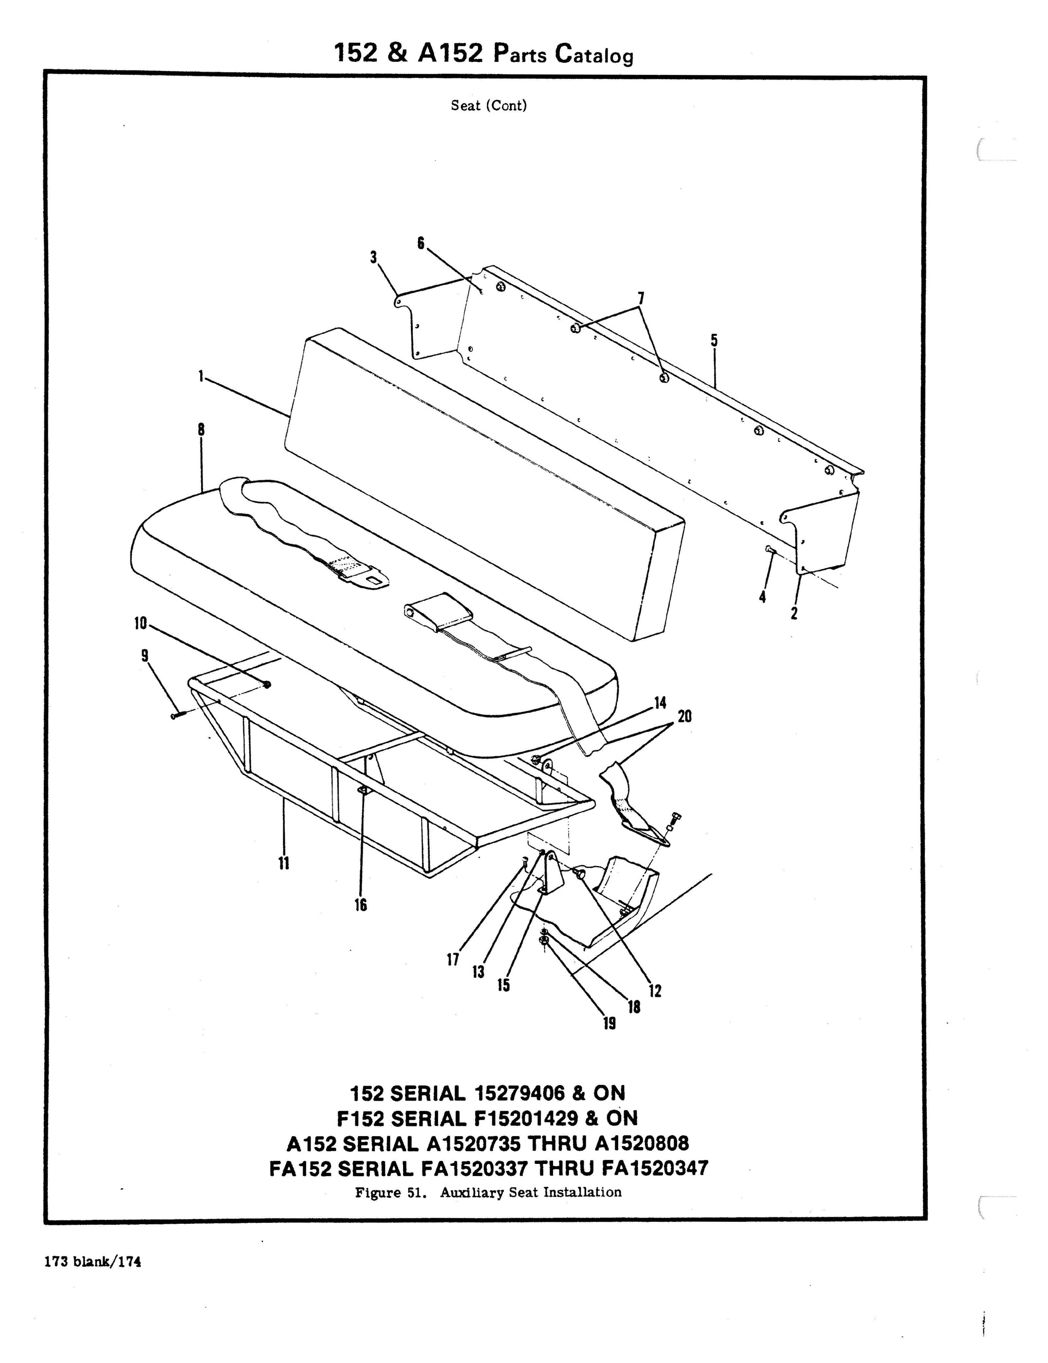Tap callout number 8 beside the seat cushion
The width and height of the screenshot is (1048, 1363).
point(201,430)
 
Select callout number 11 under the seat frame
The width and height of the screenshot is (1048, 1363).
point(284,864)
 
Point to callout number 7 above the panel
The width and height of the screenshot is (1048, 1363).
point(641,299)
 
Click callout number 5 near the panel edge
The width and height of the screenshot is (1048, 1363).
point(714,341)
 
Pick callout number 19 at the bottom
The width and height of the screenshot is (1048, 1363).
point(609,1023)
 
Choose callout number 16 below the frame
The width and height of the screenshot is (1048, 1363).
point(361,904)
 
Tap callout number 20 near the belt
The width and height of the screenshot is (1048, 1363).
point(684,717)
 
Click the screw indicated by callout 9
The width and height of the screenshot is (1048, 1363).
point(175,716)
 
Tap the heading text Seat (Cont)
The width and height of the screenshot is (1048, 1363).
point(488,106)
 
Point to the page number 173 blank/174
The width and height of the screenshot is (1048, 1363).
point(93,1261)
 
